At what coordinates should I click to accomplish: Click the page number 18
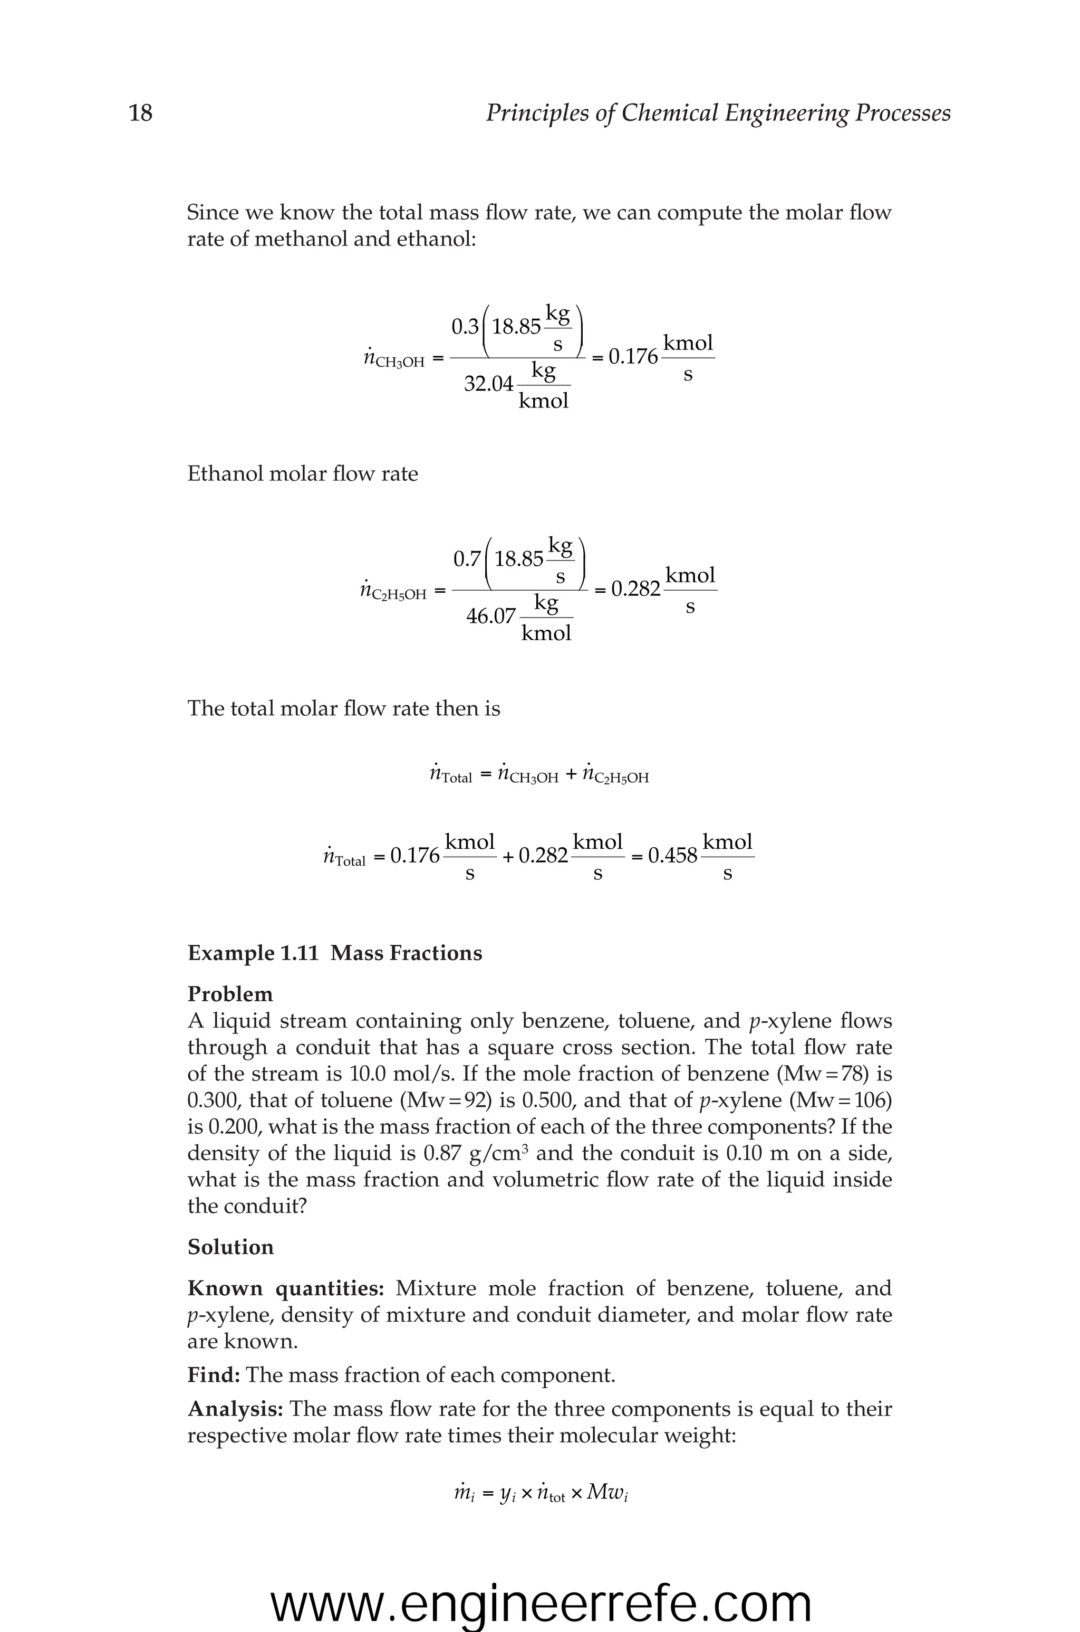click(140, 112)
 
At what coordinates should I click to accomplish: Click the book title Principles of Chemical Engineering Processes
click(718, 112)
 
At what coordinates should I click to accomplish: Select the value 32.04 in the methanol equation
click(488, 384)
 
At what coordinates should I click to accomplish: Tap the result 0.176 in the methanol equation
click(633, 357)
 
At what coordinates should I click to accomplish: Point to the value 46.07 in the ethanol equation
click(490, 616)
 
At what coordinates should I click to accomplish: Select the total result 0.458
click(673, 856)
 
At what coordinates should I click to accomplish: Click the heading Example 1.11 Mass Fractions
click(335, 953)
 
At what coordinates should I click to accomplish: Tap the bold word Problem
click(230, 994)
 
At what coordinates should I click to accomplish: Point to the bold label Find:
click(214, 1375)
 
